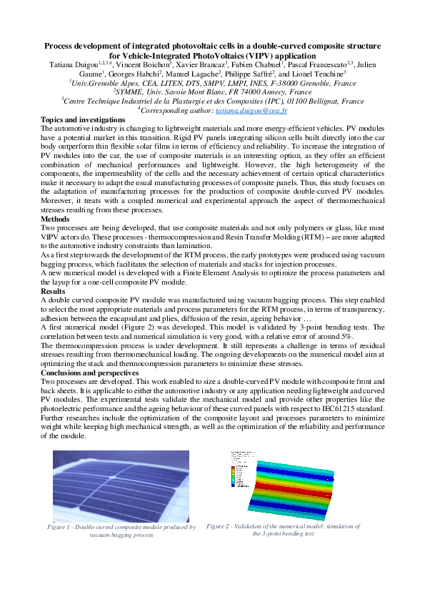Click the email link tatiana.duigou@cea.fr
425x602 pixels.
point(258,111)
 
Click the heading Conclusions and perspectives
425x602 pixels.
point(89,372)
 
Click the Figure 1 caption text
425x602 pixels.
point(121,531)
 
